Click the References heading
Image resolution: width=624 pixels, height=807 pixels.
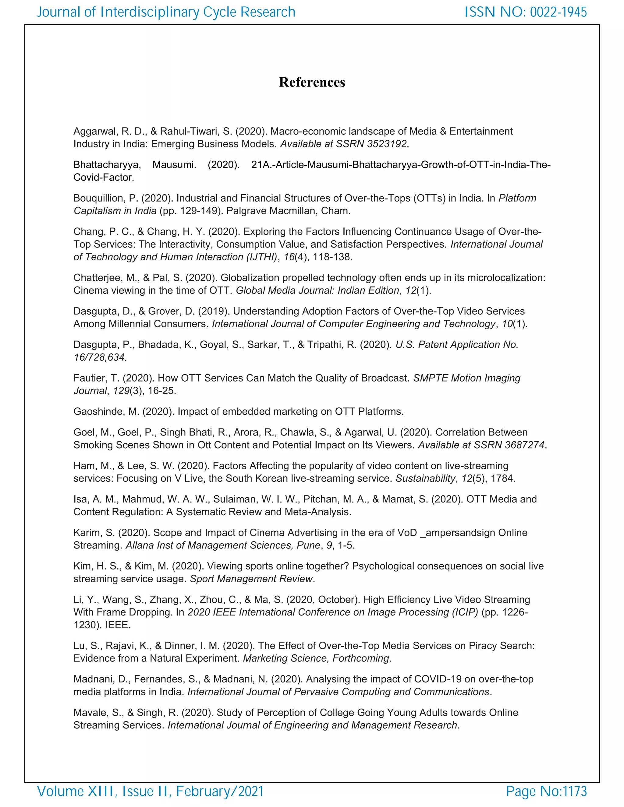312,82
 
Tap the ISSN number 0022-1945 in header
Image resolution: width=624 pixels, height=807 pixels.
558,12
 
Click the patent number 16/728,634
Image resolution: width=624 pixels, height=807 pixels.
99,357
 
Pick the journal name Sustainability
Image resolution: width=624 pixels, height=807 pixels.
425,478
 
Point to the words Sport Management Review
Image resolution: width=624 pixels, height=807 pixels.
251,579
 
